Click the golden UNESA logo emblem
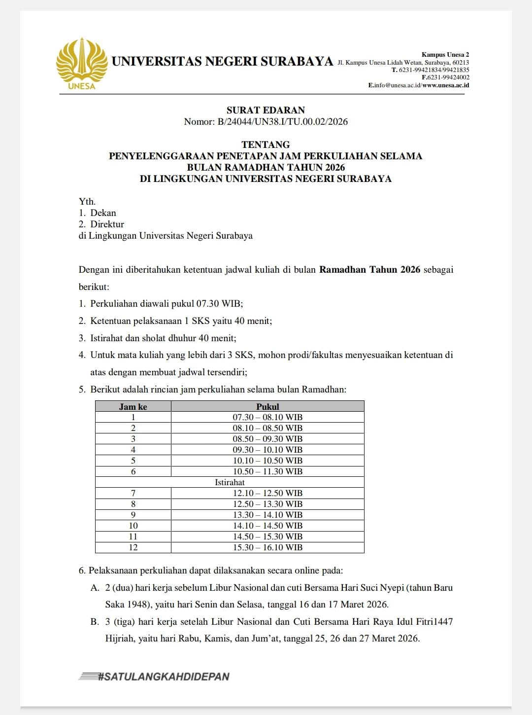[x=82, y=62]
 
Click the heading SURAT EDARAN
[x=266, y=110]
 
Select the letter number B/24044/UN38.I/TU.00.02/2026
[x=282, y=121]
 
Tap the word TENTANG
[x=266, y=144]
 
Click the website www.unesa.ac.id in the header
[x=446, y=85]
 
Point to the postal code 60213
[x=461, y=63]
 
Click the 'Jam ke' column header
[x=133, y=406]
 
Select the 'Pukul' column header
[x=267, y=406]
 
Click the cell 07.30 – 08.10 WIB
[x=267, y=417]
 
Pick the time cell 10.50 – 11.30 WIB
[x=267, y=471]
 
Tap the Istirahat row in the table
[x=230, y=482]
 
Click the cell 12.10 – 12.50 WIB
[x=267, y=493]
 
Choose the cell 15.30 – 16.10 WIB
[x=267, y=547]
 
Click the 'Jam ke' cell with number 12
[x=133, y=547]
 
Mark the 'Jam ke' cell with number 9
[x=133, y=515]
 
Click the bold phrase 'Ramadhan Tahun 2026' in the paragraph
[x=369, y=269]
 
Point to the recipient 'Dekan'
[x=103, y=213]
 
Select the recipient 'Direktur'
[x=107, y=224]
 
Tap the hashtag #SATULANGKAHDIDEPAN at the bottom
[x=164, y=676]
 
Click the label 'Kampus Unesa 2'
[x=445, y=54]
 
